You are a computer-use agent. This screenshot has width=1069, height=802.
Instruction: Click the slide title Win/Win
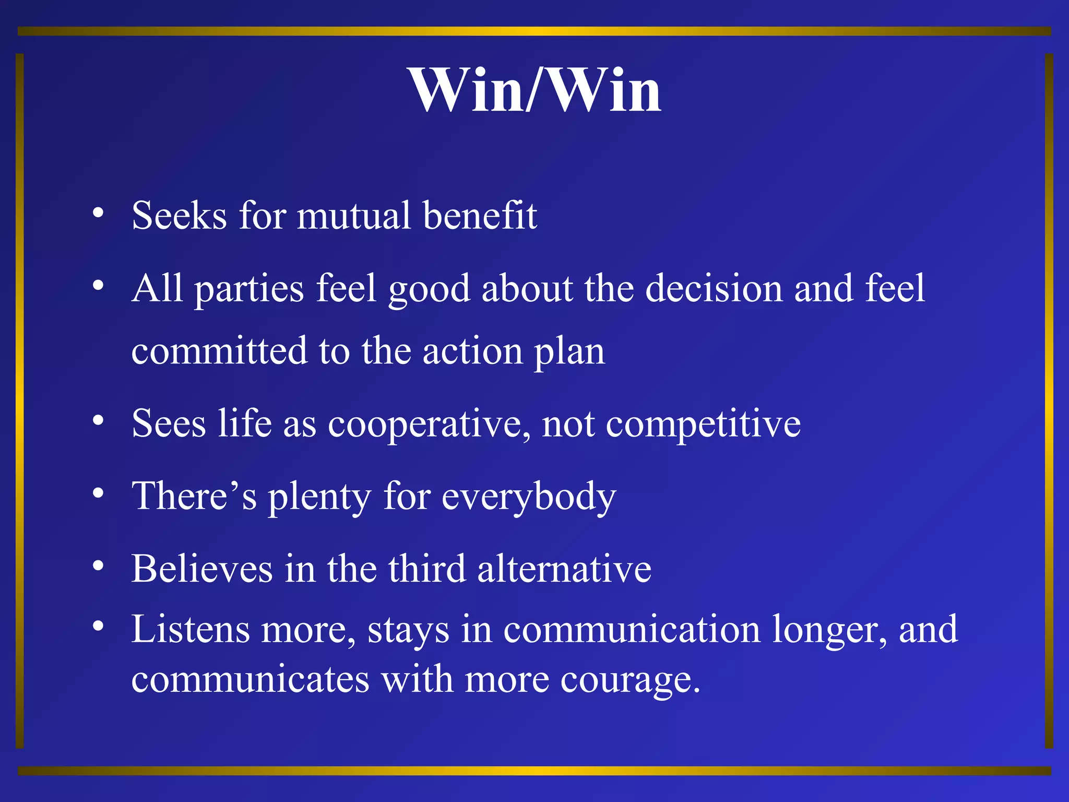[x=534, y=90]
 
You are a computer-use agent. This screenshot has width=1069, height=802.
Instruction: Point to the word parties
[x=249, y=289]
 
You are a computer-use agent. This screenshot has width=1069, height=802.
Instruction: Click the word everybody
[x=529, y=497]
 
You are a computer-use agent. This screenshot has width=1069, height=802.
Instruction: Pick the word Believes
[x=202, y=568]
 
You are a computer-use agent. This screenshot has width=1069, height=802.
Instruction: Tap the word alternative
[x=564, y=568]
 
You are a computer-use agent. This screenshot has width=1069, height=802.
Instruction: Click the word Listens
[x=191, y=629]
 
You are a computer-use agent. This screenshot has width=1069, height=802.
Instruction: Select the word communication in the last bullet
[x=632, y=629]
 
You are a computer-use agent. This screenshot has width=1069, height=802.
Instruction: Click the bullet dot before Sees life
[x=98, y=420]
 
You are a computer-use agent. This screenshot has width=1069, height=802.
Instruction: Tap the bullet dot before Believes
[x=98, y=565]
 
